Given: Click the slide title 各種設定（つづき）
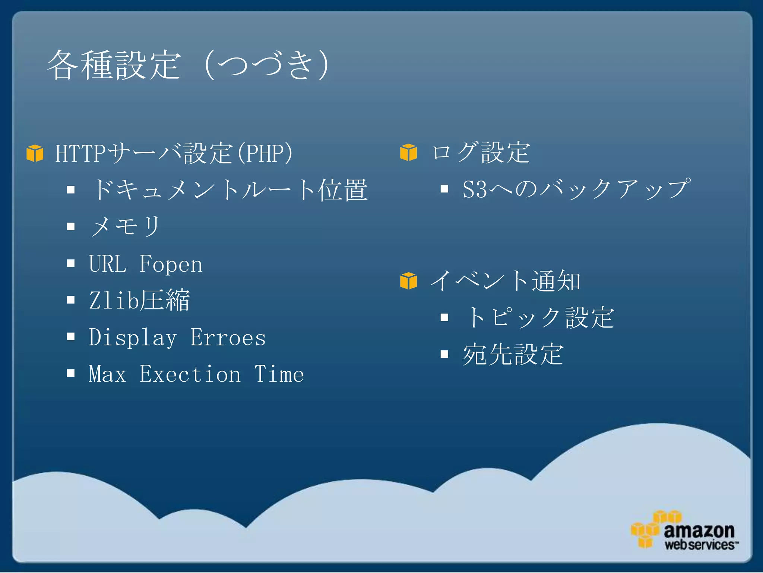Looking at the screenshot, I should point(188,65).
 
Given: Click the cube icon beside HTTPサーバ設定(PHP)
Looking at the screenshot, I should point(35,153).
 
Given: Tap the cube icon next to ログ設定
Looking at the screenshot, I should point(408,152).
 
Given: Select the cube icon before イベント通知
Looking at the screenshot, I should point(408,281).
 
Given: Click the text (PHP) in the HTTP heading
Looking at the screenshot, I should point(265,153).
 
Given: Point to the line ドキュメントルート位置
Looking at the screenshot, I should point(229,190).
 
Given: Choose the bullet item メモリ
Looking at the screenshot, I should point(125,226).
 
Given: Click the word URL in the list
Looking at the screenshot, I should point(108,264).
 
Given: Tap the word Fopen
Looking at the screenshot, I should point(171,264).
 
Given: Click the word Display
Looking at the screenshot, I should point(133,338).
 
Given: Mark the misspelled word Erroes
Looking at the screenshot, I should point(228,338).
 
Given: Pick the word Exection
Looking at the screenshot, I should point(190,374).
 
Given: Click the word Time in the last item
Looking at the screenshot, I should point(279,374).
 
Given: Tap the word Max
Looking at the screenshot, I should point(107,374).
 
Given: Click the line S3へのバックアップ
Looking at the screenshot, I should point(576,189).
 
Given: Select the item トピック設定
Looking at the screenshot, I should point(539,317).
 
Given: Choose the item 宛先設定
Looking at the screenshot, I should point(513,354).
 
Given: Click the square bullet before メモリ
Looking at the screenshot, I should point(71,226).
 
